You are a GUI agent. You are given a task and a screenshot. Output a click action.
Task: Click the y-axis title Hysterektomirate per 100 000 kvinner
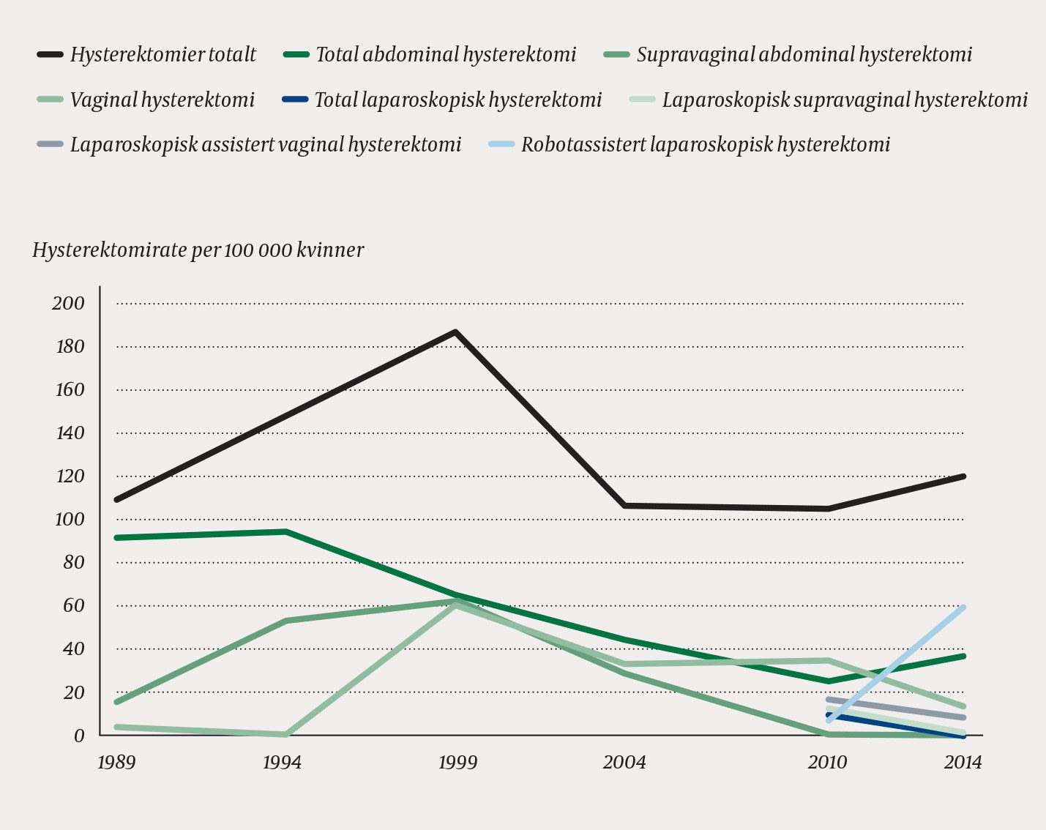point(198,250)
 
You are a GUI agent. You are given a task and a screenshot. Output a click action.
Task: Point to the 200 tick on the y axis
point(69,304)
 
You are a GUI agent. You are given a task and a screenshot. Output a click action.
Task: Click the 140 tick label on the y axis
point(69,433)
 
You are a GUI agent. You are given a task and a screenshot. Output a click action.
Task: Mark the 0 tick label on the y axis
point(78,736)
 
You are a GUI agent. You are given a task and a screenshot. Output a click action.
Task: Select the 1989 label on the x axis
point(116,763)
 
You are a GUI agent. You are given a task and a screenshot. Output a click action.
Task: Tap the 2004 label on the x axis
point(624,763)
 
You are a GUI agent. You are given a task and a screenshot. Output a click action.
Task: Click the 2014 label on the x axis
point(963,763)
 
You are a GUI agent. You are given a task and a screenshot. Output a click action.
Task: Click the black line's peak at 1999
point(455,332)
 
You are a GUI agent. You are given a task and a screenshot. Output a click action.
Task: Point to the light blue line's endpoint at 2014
point(964,607)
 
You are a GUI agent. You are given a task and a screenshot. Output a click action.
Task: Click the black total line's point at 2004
point(624,506)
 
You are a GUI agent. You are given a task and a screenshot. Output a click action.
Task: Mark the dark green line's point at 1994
point(285,531)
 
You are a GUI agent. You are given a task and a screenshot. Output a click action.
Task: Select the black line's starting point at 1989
point(117,500)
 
